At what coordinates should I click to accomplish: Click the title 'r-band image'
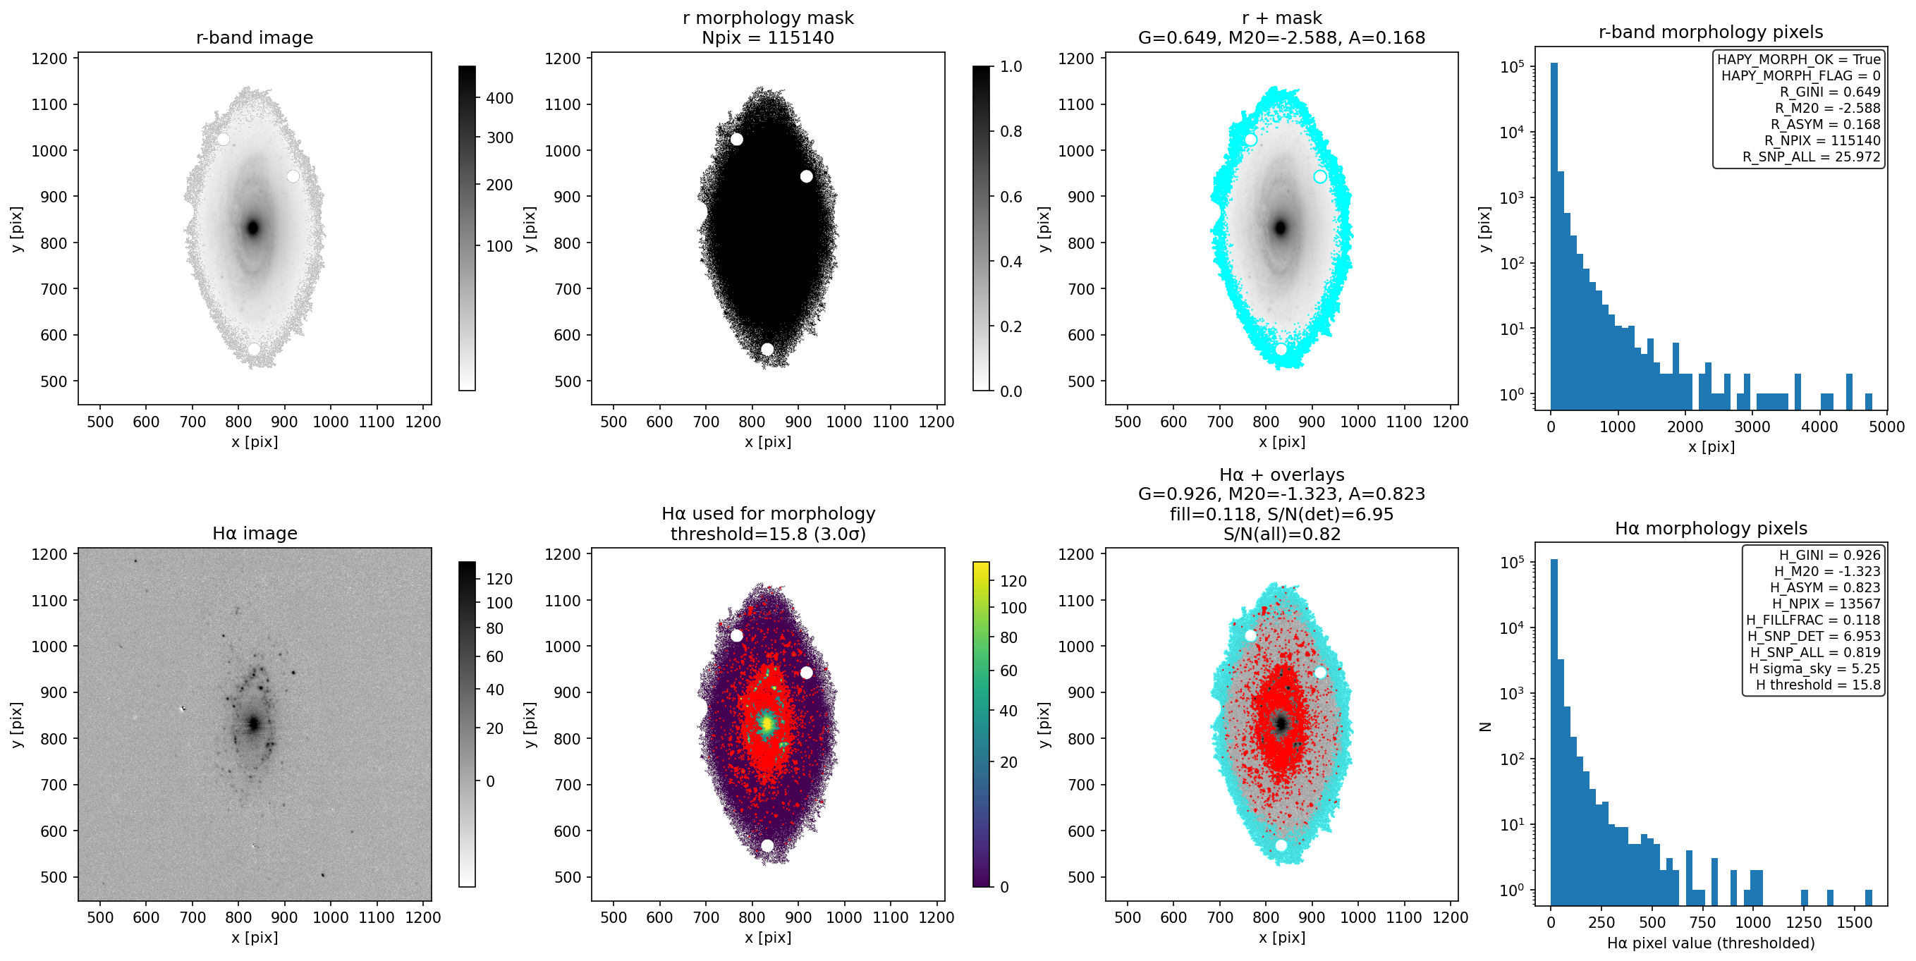click(x=255, y=37)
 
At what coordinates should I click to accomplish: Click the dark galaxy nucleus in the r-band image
click(x=253, y=228)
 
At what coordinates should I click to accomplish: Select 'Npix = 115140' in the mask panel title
click(x=767, y=37)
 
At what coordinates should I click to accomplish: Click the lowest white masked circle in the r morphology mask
click(x=767, y=349)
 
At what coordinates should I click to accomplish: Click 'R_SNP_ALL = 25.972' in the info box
click(x=1811, y=157)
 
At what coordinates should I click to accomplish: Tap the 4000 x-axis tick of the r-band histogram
click(x=1819, y=427)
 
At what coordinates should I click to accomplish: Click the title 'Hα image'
click(x=255, y=533)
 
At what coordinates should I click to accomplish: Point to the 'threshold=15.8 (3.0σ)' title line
click(x=767, y=534)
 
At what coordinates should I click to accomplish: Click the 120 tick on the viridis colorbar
click(x=1013, y=581)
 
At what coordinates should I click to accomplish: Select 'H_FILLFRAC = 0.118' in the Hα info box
click(x=1813, y=620)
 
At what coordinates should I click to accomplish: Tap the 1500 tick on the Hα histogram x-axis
click(x=1853, y=922)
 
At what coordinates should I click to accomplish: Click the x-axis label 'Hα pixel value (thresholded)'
click(x=1711, y=943)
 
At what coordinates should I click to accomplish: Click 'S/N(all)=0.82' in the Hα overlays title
click(x=1281, y=534)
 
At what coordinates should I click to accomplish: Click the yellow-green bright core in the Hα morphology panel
click(x=767, y=722)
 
